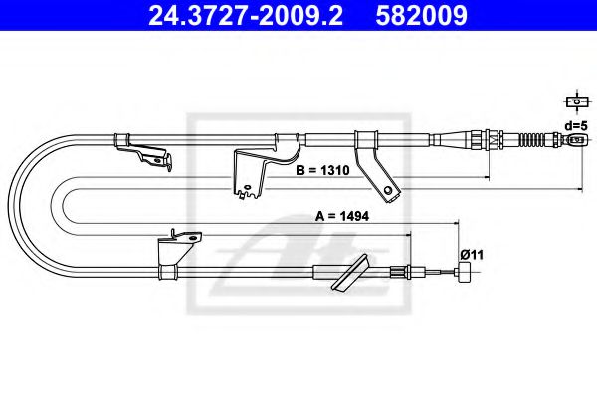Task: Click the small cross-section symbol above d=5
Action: point(574,101)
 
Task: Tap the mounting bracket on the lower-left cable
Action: point(179,245)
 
